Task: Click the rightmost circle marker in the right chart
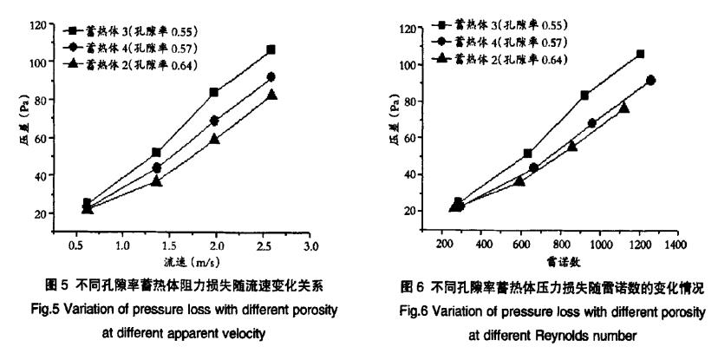point(651,80)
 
